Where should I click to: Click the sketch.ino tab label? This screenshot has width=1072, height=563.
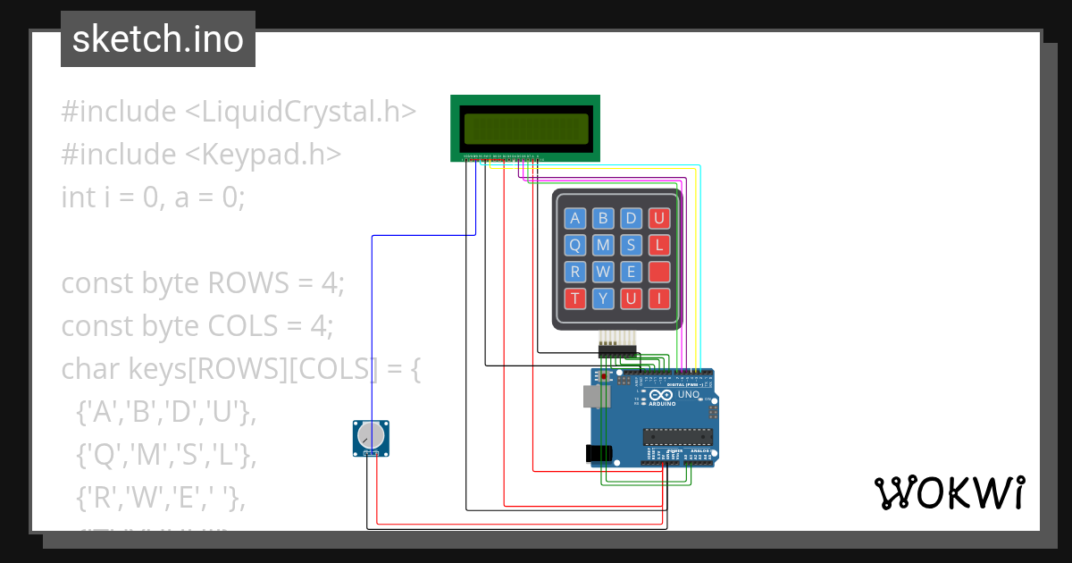coord(158,39)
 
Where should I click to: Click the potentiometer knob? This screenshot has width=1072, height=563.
coord(370,435)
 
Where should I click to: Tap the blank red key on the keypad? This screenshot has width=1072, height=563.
coord(659,272)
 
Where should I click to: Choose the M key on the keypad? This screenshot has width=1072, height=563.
coord(603,245)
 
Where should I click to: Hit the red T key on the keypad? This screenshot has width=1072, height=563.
coord(575,298)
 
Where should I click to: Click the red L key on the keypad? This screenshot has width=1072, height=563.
coord(659,245)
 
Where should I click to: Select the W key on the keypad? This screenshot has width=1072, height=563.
coord(603,272)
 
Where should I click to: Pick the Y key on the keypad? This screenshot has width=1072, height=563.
coord(603,298)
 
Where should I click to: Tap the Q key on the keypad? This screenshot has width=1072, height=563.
coord(575,245)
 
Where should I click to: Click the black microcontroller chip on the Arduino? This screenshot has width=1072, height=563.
coord(678,436)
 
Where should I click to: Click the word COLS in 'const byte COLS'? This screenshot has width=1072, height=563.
coord(243,325)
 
